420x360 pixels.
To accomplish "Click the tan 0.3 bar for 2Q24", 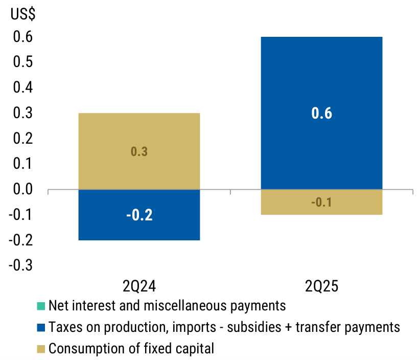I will pos(138,151).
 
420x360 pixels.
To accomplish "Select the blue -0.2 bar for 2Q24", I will pos(138,215).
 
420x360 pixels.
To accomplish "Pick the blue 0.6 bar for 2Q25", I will pos(321,113).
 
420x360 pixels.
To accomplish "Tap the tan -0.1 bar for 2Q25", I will pos(321,202).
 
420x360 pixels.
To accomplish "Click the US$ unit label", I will pos(23,14).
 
